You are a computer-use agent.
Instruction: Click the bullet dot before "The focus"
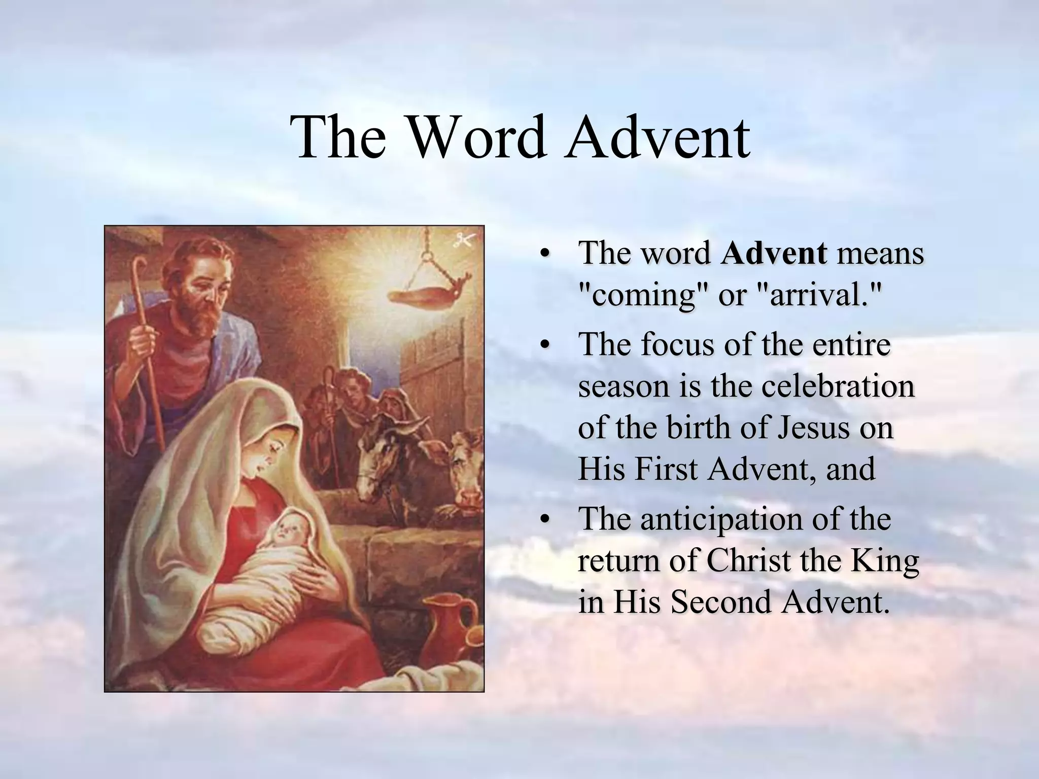click(545, 345)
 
